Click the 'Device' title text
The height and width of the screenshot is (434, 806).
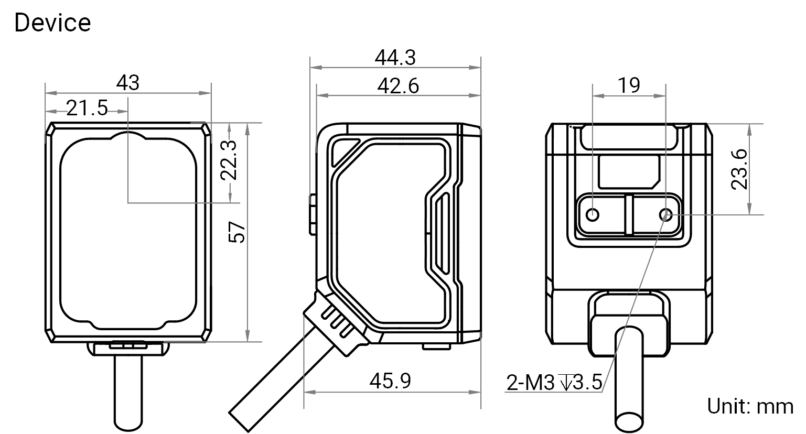click(x=52, y=23)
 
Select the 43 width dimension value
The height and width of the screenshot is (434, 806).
click(x=128, y=83)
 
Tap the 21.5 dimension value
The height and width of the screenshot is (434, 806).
click(x=87, y=108)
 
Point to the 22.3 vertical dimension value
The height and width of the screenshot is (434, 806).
click(x=229, y=160)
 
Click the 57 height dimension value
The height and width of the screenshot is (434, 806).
click(x=237, y=232)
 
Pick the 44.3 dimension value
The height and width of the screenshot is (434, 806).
click(x=395, y=58)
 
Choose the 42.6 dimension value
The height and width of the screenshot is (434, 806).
click(x=398, y=86)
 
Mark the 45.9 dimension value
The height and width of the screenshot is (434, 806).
click(x=390, y=381)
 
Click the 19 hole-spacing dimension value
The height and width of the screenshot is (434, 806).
click(x=629, y=85)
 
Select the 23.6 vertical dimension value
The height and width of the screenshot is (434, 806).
click(x=739, y=169)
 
